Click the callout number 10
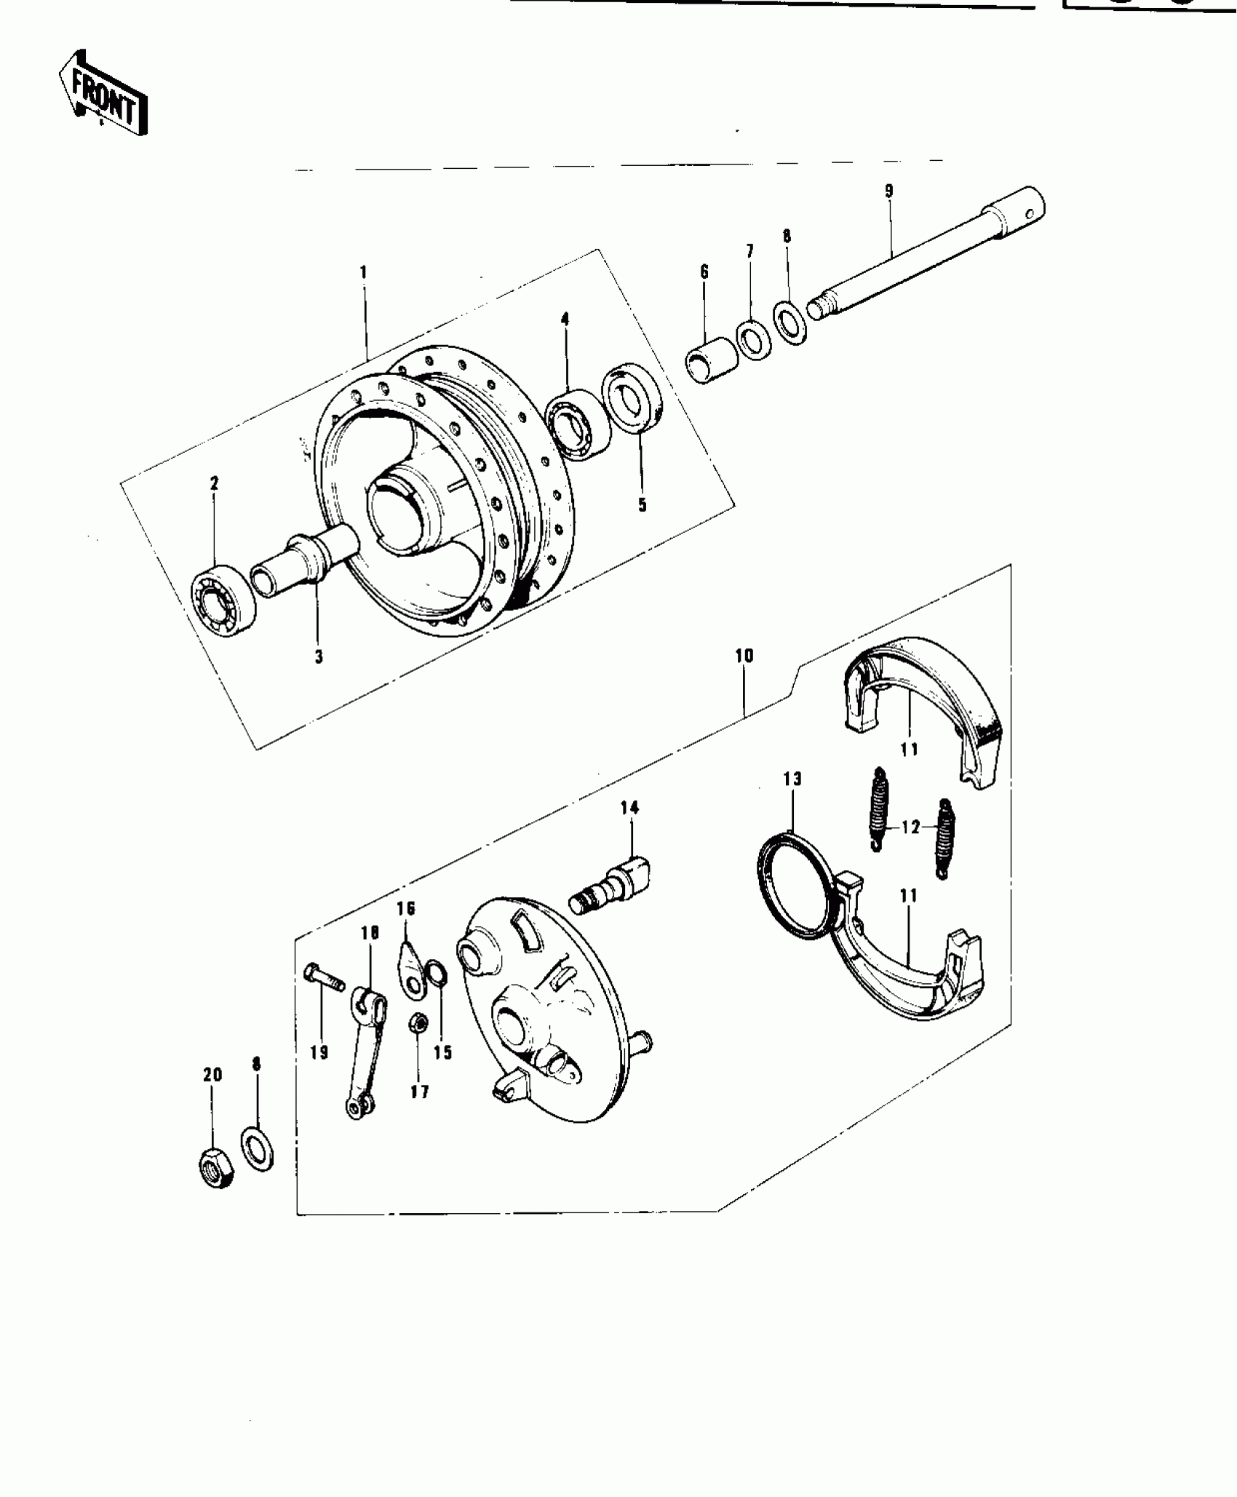[744, 656]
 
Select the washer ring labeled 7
[754, 339]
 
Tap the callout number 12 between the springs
[910, 827]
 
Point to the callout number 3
[318, 656]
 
